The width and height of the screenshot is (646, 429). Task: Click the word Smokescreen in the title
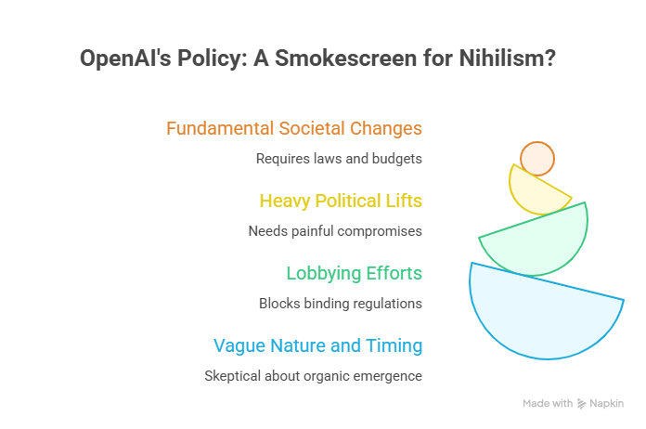345,58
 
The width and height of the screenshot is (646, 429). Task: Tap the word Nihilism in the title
508,58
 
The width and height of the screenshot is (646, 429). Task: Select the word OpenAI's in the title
125,58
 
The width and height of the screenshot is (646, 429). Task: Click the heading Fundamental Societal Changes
294,128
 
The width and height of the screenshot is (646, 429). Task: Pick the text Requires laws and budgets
339,159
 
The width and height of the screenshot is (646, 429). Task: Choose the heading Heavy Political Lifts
341,201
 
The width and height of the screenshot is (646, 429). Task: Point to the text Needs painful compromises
335,231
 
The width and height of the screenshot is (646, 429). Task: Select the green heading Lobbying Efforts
355,273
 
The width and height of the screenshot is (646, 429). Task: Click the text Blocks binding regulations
341,304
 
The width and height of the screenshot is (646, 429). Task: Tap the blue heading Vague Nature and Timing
318,345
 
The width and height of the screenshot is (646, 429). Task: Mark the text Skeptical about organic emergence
314,376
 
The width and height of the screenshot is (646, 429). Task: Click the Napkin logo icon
581,404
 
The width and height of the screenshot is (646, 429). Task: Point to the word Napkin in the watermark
606,403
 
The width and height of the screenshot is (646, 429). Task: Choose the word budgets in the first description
397,159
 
